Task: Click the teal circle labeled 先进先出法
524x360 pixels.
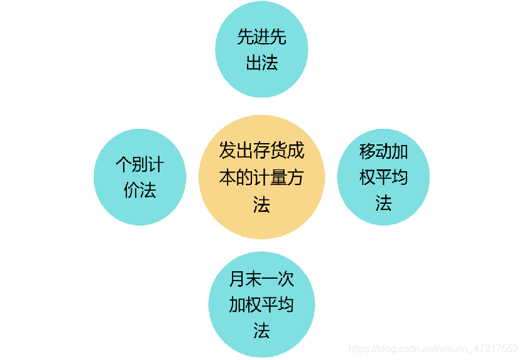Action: click(x=261, y=50)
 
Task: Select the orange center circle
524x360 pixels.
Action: click(x=261, y=177)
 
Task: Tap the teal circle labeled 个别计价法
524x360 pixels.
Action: click(x=140, y=177)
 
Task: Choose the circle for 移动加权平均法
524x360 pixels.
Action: click(x=383, y=177)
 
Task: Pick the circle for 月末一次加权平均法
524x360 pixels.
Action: click(x=261, y=304)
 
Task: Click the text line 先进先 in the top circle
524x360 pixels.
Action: click(x=261, y=37)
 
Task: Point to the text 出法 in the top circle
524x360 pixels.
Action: click(x=261, y=62)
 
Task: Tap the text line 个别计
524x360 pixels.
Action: click(x=140, y=164)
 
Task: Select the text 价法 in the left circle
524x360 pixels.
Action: click(x=140, y=190)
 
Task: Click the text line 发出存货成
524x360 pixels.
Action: click(x=261, y=151)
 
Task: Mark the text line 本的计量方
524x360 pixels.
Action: click(x=261, y=177)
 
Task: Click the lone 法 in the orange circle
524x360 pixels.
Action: click(x=261, y=204)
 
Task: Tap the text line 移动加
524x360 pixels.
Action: click(x=383, y=151)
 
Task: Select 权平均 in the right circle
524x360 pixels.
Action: click(x=383, y=177)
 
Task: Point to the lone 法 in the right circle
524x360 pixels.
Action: click(x=383, y=203)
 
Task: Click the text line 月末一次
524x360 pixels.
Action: click(x=261, y=279)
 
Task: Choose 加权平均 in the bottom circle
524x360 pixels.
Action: click(x=261, y=305)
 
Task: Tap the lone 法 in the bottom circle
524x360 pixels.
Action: click(x=261, y=331)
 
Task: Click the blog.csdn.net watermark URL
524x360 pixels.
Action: click(x=433, y=348)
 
